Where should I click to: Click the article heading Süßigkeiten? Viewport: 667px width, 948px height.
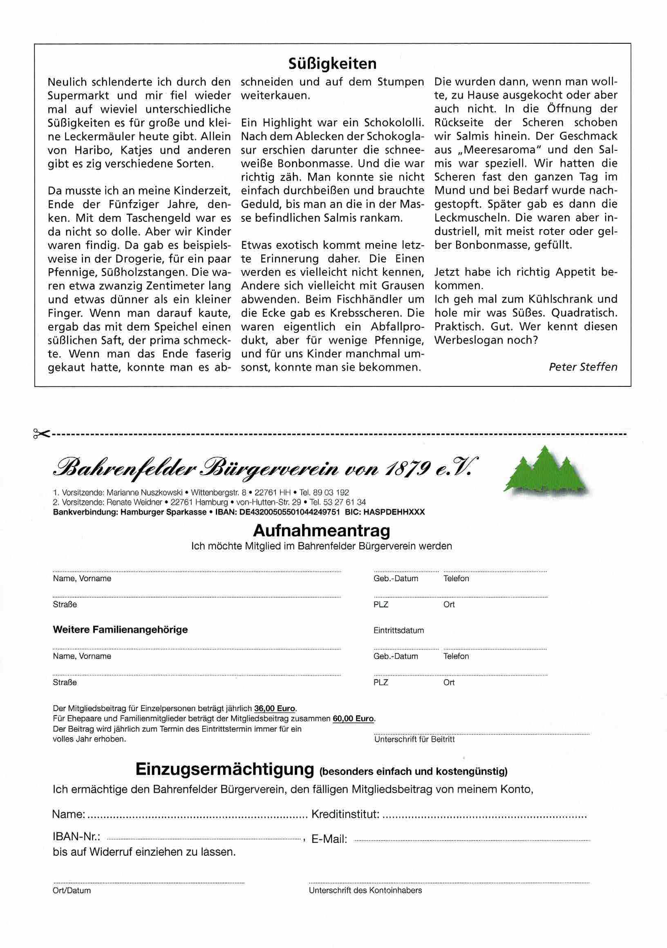332,64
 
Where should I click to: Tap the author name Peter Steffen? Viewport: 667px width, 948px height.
583,367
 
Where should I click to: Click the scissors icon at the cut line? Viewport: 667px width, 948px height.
42,433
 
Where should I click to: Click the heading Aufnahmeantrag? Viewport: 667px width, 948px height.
321,530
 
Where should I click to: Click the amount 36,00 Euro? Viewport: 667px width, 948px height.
275,709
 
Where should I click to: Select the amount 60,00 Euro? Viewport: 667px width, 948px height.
354,718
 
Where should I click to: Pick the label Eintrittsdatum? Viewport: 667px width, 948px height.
398,630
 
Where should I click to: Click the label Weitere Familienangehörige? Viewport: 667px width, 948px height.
120,630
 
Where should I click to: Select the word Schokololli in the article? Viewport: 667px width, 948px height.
394,123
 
